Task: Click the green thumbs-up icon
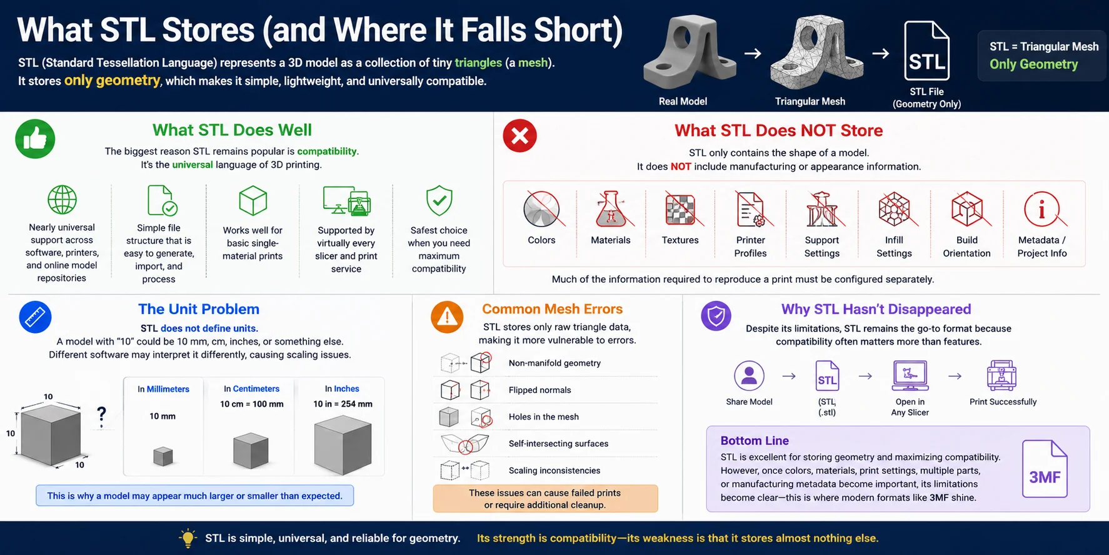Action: pos(35,139)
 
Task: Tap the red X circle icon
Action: pos(519,136)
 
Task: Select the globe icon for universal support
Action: pos(62,200)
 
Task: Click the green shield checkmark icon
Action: pos(439,200)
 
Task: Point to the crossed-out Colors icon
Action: pos(542,209)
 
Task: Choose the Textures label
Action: pos(680,240)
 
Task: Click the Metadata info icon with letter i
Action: pos(1042,209)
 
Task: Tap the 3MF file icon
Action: pos(1045,469)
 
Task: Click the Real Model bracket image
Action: pos(690,51)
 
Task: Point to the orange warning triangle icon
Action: pos(447,317)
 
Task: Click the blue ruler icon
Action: pos(35,317)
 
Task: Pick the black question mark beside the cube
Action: pos(101,416)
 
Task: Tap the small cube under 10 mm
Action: pos(163,456)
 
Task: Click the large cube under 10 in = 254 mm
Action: pos(343,446)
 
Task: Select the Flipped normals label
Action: pos(539,390)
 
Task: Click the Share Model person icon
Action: pos(749,375)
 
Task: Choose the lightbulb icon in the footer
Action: pos(188,538)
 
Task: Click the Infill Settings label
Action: pos(894,247)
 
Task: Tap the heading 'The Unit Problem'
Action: pos(199,309)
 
